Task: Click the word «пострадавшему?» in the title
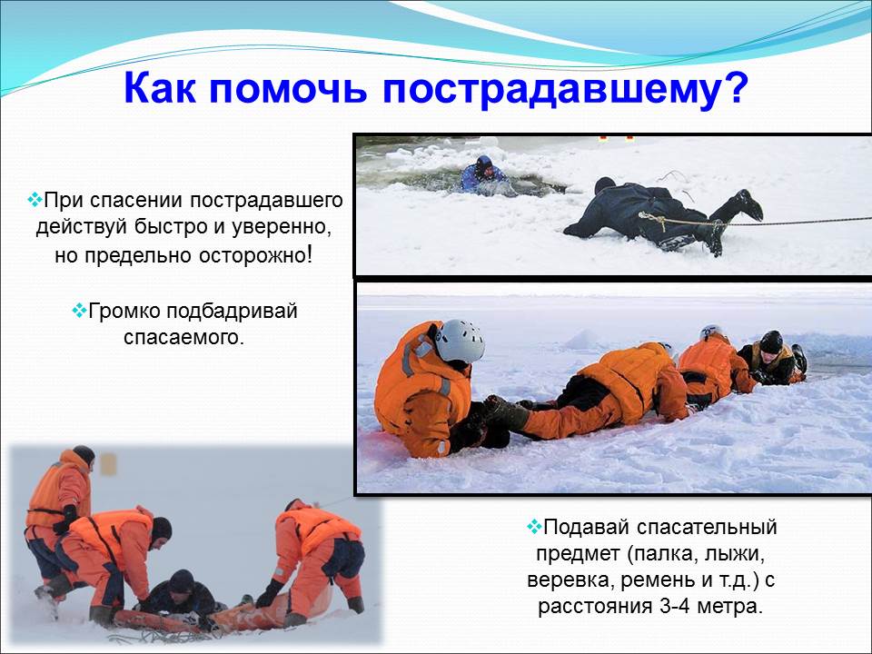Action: click(x=563, y=89)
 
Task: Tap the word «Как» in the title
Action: click(x=160, y=87)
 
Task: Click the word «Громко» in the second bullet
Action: click(x=124, y=311)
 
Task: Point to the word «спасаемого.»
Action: click(x=184, y=337)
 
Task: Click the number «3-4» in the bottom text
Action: click(x=675, y=606)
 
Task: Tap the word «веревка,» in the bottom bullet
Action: click(x=570, y=580)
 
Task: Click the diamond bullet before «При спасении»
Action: click(x=35, y=199)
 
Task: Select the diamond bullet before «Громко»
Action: click(x=79, y=311)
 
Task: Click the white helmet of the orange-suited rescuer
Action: click(x=460, y=340)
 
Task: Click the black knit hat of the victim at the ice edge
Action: click(x=771, y=342)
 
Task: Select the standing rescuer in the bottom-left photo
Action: click(x=58, y=517)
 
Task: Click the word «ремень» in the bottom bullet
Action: click(x=658, y=580)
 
